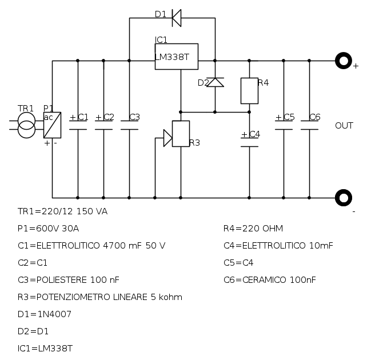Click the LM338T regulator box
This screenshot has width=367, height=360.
[176, 57]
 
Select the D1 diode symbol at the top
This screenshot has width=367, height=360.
[177, 18]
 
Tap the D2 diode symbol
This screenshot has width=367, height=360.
[215, 82]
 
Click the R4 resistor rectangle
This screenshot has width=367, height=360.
[249, 90]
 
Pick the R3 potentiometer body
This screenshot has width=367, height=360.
[181, 134]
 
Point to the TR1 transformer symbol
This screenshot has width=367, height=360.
[26, 125]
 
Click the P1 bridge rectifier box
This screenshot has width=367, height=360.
[52, 125]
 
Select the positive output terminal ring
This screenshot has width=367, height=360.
[343, 61]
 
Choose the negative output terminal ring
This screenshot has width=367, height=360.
[343, 198]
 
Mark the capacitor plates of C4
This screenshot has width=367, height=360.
[249, 142]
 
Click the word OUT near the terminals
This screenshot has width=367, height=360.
[344, 126]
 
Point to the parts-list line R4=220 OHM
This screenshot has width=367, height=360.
[253, 229]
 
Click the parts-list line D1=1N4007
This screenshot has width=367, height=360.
[45, 314]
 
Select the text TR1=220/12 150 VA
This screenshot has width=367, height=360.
[62, 211]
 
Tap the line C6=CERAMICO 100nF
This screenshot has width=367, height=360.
[269, 280]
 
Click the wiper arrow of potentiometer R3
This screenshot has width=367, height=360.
[167, 138]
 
